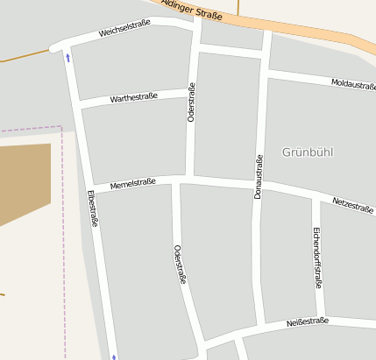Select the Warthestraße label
133,96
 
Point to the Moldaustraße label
353,84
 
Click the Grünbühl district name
308,152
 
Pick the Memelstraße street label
132,183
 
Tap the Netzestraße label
352,205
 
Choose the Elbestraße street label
92,209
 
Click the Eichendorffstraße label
317,258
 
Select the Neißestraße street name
308,322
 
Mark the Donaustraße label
259,177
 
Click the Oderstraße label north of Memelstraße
191,102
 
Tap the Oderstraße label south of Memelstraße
180,265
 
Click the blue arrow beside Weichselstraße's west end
68,59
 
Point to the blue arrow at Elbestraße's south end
113,356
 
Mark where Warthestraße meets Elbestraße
77,104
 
